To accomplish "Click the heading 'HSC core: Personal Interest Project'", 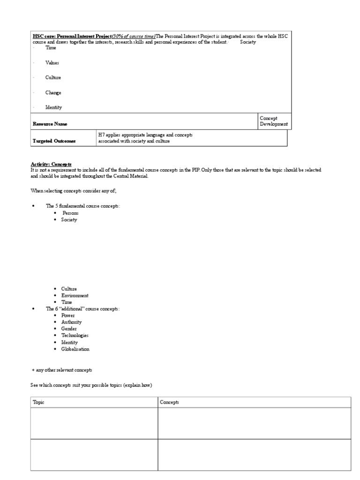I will [x=72, y=36].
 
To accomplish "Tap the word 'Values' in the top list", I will [x=52, y=63].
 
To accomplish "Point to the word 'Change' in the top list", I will [x=53, y=93].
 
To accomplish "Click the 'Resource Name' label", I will [x=50, y=124].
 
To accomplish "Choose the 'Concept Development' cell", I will [x=274, y=121].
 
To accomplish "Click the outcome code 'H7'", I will [x=101, y=135].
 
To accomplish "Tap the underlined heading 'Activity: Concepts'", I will [x=51, y=164].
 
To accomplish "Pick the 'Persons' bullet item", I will [x=71, y=213].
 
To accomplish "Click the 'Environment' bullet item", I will [x=75, y=296].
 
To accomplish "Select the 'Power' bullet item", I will [x=68, y=315].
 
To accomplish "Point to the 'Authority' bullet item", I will [x=71, y=322].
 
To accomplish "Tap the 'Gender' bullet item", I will [x=69, y=329].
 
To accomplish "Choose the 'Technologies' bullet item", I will [x=75, y=336].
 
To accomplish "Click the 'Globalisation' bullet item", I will [x=75, y=349].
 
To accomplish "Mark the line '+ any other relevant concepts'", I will [x=61, y=370].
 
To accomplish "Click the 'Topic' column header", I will [x=38, y=403].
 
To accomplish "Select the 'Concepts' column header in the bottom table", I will [x=170, y=403].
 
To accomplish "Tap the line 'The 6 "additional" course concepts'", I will [x=82, y=309].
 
